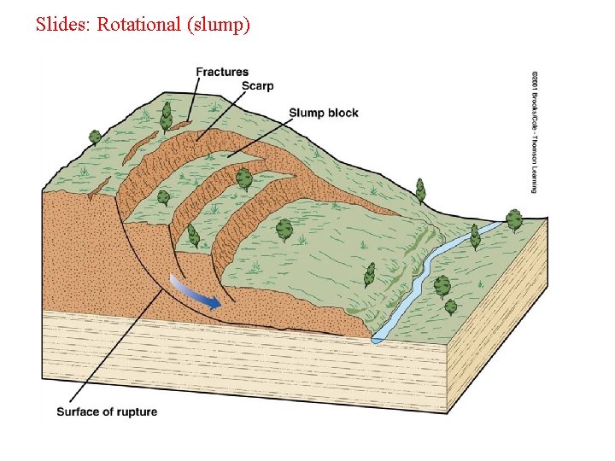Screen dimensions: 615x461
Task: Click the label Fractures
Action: tap(222, 73)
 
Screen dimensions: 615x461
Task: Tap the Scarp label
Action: tap(257, 86)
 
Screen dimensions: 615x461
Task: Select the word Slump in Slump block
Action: tap(305, 113)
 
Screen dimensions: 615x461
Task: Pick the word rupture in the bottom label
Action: tap(137, 411)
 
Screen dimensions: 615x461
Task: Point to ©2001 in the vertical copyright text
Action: tap(535, 81)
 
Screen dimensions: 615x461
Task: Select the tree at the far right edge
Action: tap(514, 220)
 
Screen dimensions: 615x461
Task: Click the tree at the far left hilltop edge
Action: tap(95, 137)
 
